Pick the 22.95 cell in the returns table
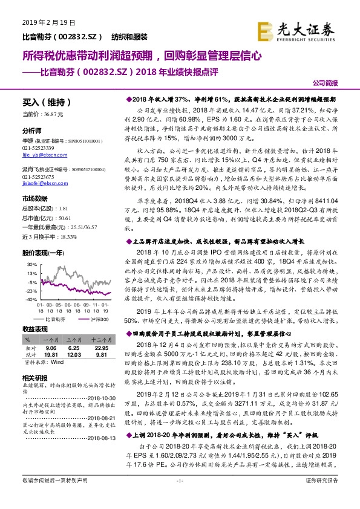click(x=100, y=348)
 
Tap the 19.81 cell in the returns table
click(x=50, y=355)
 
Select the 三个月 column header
click(x=74, y=340)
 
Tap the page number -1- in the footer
click(x=180, y=497)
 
